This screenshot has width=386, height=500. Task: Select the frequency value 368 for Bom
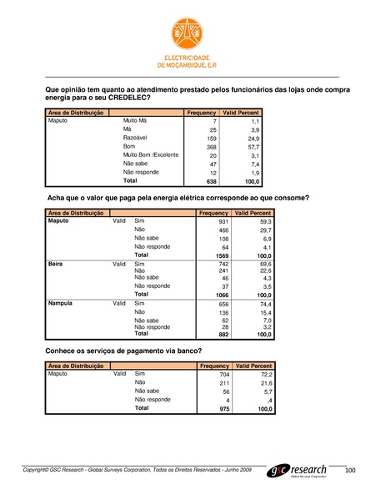tap(211, 147)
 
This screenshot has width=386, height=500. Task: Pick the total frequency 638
tap(211, 181)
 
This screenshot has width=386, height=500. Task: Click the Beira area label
tap(58, 263)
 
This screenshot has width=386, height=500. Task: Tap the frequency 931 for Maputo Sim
tap(223, 222)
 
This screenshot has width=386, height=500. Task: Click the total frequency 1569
tap(221, 255)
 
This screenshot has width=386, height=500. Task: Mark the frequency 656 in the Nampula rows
tap(223, 305)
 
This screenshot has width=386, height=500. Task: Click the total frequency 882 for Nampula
tap(223, 334)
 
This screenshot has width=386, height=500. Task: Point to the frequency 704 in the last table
tap(223, 376)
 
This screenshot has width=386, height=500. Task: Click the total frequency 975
tap(223, 409)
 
